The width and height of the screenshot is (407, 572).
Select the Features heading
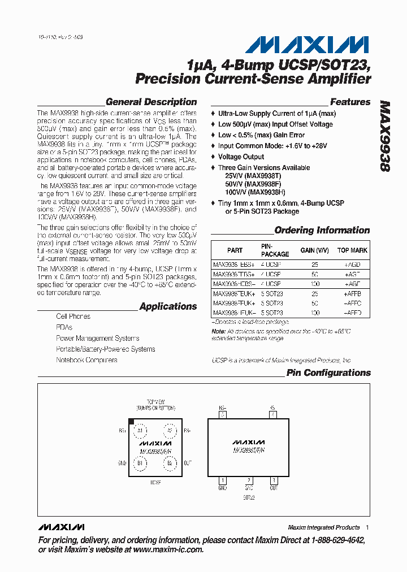pyautogui.click(x=350, y=102)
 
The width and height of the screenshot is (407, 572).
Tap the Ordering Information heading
pyautogui.click(x=322, y=230)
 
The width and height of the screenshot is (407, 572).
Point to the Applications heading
pyautogui.click(x=168, y=306)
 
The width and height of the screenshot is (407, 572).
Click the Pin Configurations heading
pyautogui.click(x=328, y=372)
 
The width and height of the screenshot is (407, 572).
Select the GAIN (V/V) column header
pyautogui.click(x=314, y=250)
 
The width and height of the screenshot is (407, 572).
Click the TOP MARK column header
pyautogui.click(x=352, y=250)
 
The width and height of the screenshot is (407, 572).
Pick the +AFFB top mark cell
pyautogui.click(x=352, y=294)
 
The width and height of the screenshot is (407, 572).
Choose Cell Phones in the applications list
pyautogui.click(x=73, y=317)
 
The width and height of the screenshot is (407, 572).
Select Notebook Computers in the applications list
pyautogui.click(x=86, y=360)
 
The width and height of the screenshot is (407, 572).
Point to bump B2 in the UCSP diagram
pyautogui.click(x=170, y=463)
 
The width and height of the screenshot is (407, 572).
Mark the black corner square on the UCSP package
pyautogui.click(x=131, y=422)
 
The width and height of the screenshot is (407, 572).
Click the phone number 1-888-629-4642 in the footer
pyautogui.click(x=334, y=540)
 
